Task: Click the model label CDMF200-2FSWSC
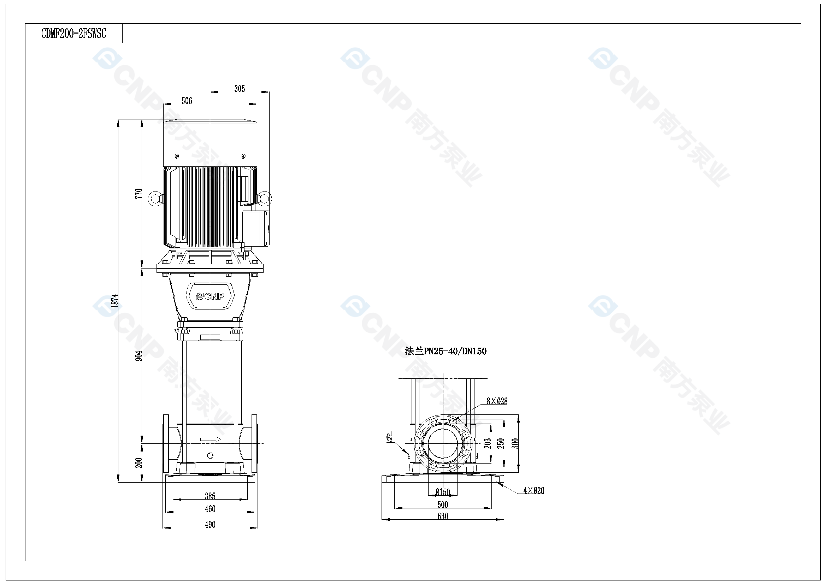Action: click(x=74, y=34)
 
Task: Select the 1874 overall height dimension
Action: click(x=115, y=300)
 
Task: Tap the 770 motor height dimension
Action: click(x=138, y=194)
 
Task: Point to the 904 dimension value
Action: click(x=138, y=355)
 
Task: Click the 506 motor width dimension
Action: click(x=187, y=101)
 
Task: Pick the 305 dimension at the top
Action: click(x=240, y=89)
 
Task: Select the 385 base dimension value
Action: click(x=210, y=496)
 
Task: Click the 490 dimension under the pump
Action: click(x=210, y=525)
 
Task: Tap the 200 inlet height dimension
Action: click(x=138, y=463)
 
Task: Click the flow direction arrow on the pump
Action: click(x=211, y=440)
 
